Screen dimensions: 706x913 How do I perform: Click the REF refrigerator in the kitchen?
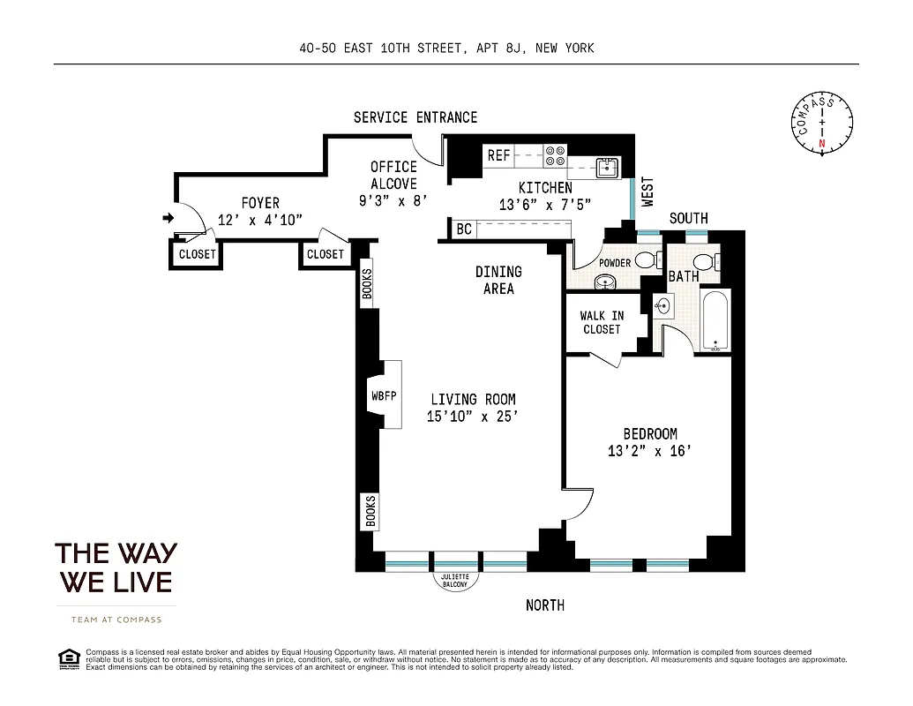click(x=499, y=155)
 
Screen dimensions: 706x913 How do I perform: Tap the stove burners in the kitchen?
click(x=555, y=155)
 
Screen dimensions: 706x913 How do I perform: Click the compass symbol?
click(x=821, y=124)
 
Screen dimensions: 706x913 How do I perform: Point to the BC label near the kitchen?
click(x=463, y=229)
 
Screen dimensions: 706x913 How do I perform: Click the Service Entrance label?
click(x=415, y=117)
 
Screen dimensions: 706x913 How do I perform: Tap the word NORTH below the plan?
click(x=544, y=605)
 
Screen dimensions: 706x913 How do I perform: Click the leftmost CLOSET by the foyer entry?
click(x=197, y=254)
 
